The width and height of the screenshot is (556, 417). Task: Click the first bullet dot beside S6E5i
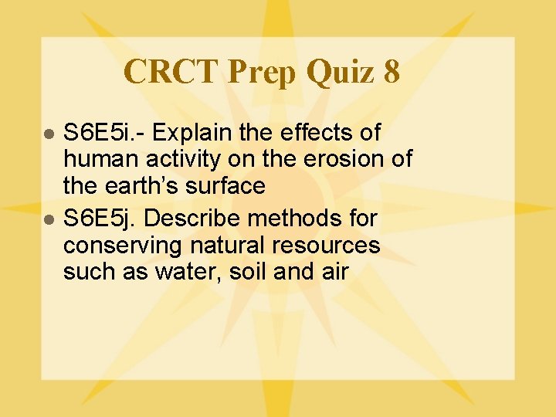click(48, 134)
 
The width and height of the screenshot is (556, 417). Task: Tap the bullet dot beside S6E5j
click(48, 220)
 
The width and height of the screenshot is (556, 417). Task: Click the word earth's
click(144, 186)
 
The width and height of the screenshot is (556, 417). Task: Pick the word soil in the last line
click(267, 272)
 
